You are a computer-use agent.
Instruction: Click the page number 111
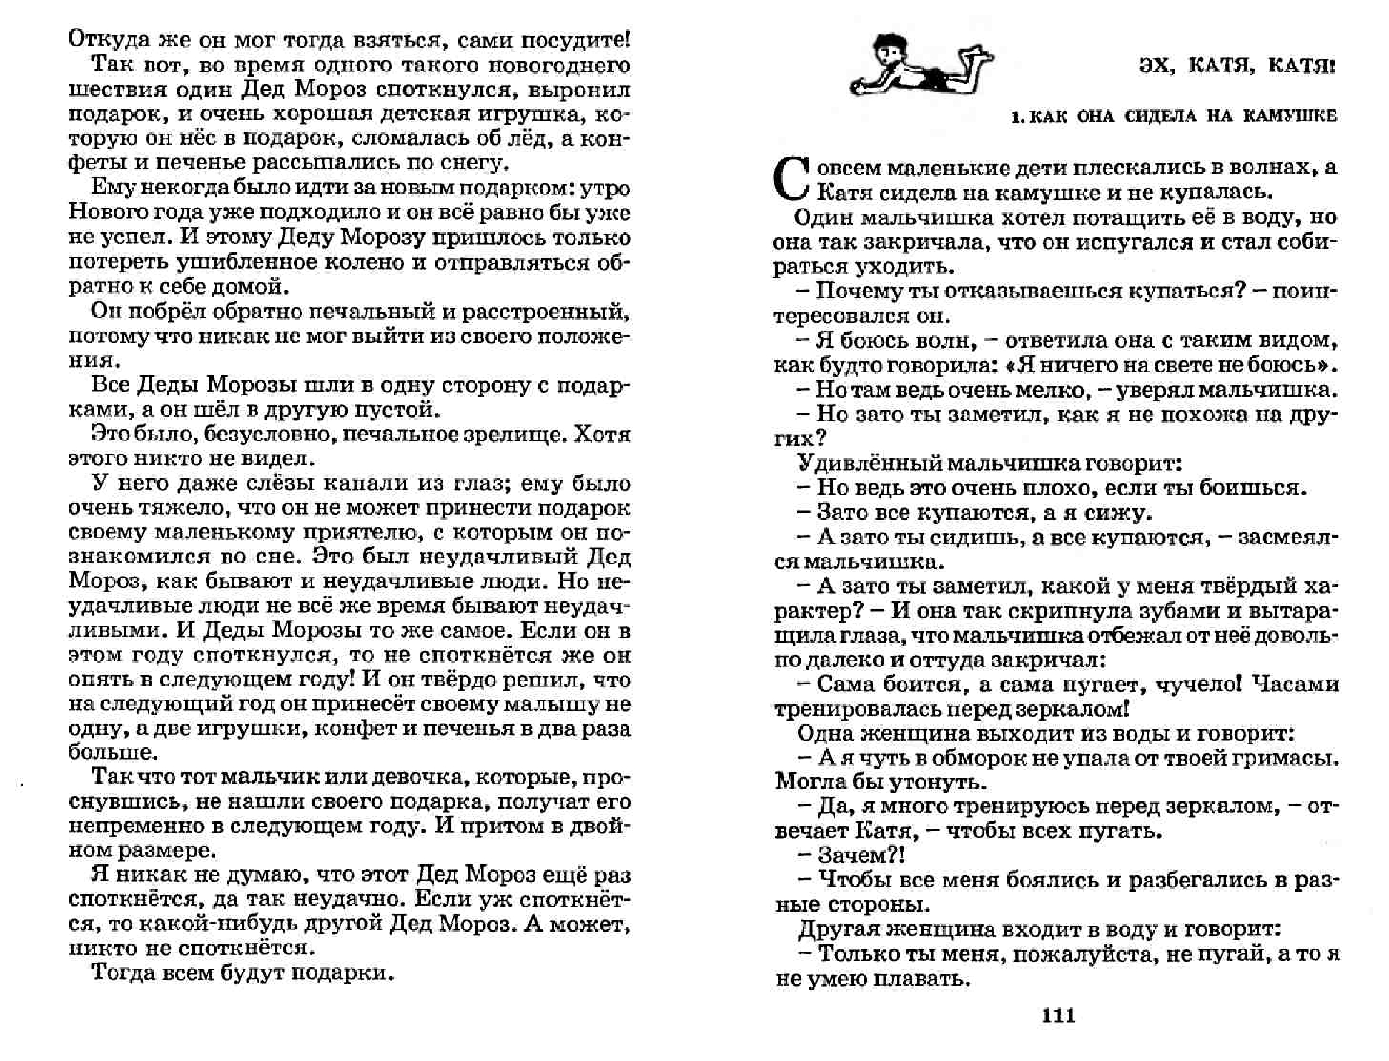(x=1059, y=1016)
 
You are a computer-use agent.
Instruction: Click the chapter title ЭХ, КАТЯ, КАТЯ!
(x=1236, y=66)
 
